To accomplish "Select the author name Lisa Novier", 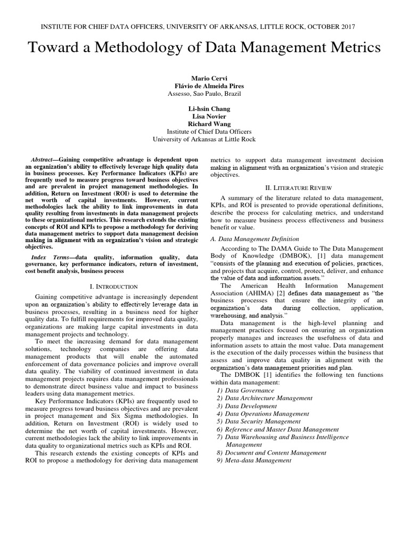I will [x=204, y=115].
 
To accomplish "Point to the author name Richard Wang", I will [x=204, y=123].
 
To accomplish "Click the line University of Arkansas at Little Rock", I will [x=204, y=139].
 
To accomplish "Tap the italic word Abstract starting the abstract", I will [x=45, y=160].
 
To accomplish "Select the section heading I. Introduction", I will [x=113, y=286].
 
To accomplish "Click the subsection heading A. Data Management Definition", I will [x=255, y=239].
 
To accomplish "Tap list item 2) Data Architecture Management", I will [x=268, y=398].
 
